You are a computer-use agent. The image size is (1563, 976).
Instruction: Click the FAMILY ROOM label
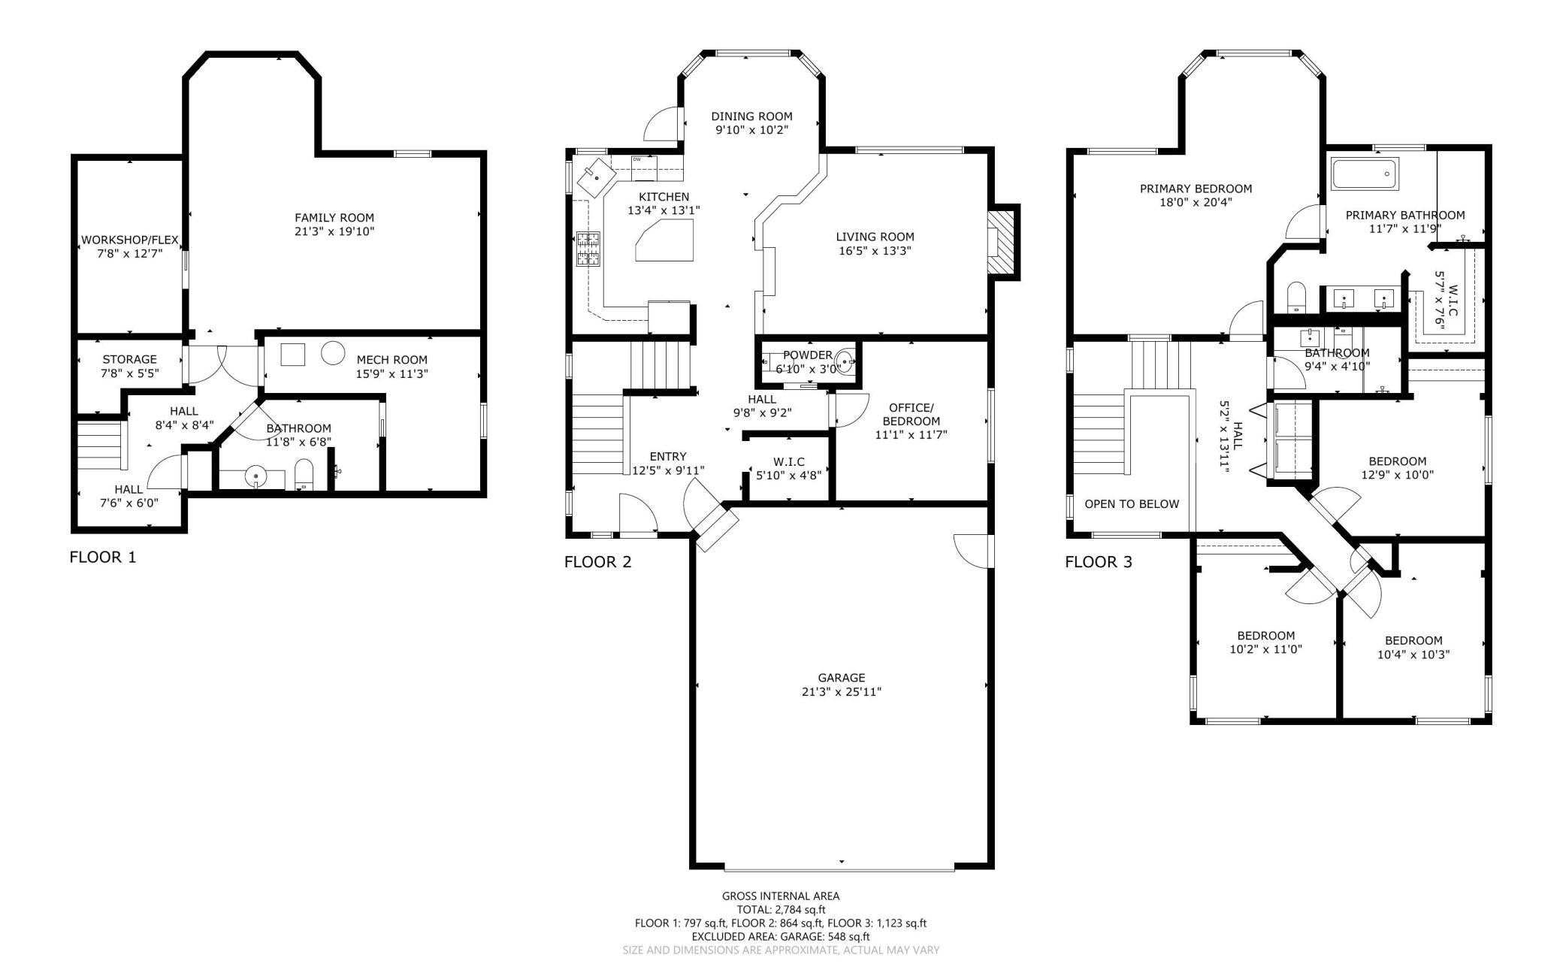[x=334, y=218]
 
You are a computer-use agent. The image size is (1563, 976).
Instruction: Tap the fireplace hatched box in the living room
[x=999, y=242]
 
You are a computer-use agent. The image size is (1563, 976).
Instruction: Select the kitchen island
[x=665, y=240]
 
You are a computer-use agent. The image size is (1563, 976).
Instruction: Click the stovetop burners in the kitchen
[x=588, y=249]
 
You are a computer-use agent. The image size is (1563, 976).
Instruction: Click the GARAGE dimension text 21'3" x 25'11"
[x=842, y=691]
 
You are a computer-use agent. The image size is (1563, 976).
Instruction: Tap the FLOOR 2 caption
[x=598, y=562]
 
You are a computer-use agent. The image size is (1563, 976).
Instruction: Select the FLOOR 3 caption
[x=1099, y=562]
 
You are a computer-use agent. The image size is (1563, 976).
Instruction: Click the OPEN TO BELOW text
[x=1132, y=504]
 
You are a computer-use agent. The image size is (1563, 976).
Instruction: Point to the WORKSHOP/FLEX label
[x=130, y=240]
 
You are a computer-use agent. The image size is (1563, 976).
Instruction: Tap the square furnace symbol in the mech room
[x=293, y=354]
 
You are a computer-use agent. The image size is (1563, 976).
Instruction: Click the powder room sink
[x=845, y=363]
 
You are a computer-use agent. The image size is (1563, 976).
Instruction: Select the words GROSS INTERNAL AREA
[x=781, y=896]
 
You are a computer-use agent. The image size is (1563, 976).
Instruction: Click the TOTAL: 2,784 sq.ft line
[x=781, y=909]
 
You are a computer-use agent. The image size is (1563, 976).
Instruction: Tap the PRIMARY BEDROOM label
[x=1196, y=189]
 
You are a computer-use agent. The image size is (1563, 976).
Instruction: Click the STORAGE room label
[x=130, y=359]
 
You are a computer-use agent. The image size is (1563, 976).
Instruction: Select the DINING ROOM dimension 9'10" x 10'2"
[x=752, y=130]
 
